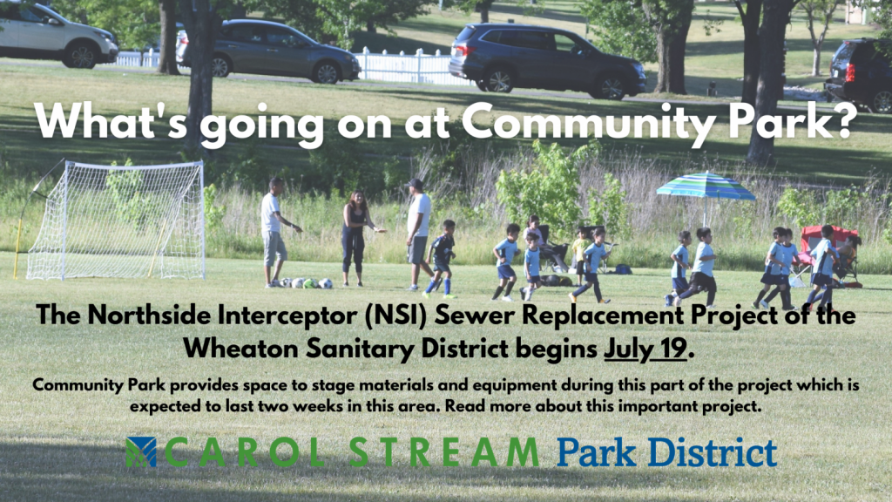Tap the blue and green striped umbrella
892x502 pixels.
[x=706, y=187]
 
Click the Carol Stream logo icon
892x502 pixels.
[x=141, y=452]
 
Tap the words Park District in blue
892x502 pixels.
[x=666, y=453]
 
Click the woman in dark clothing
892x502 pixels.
[x=355, y=238]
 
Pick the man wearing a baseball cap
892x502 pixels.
[x=418, y=234]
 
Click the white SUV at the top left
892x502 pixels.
[x=56, y=35]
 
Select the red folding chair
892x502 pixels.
[x=827, y=251]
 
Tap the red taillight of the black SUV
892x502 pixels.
[x=850, y=71]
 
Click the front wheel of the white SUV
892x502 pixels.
[x=80, y=55]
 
